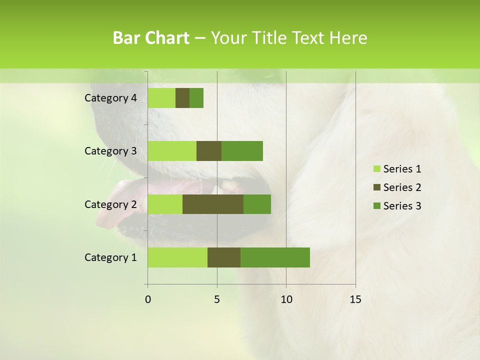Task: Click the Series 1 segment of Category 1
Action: [177, 257]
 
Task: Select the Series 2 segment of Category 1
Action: [224, 257]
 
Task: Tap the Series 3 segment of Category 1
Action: [275, 257]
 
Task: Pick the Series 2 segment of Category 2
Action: [213, 204]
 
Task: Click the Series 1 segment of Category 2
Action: [165, 204]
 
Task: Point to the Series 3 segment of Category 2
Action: [257, 204]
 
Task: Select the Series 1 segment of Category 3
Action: [172, 151]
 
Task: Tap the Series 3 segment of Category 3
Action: [242, 151]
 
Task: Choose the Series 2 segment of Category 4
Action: [182, 98]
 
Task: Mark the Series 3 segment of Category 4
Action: [196, 98]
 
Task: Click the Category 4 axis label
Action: [110, 98]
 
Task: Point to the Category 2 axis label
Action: [110, 204]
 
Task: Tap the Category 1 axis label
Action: [110, 257]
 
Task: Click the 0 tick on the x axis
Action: [148, 299]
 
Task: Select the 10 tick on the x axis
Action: [286, 299]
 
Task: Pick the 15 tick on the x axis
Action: [355, 299]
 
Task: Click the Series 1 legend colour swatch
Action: [376, 169]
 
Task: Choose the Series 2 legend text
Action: [402, 187]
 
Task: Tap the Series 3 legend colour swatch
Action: [376, 206]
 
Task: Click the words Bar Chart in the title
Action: [151, 38]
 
